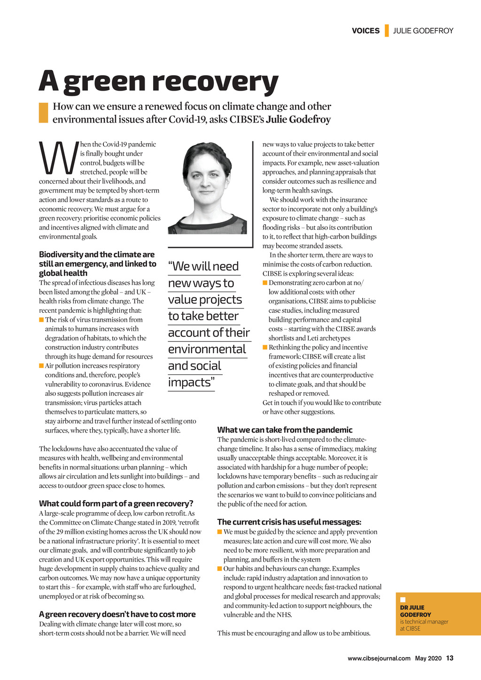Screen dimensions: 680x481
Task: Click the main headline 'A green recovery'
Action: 158,81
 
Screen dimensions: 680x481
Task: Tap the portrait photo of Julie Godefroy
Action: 207,188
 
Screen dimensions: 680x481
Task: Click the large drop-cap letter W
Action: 57,157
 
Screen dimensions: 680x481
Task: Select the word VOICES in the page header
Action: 365,31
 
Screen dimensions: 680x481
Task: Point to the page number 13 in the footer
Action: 450,658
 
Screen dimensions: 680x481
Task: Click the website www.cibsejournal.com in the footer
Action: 379,658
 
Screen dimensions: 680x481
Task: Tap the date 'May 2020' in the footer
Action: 428,658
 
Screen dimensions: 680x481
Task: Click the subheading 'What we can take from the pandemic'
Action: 285,430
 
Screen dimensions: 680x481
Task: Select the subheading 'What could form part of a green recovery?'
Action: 116,503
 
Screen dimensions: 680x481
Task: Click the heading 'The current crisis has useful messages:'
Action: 289,522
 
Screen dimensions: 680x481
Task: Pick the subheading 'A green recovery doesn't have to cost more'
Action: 117,614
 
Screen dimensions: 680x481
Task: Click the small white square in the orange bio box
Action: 403,600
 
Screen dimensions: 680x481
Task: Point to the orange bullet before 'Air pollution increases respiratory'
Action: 41,365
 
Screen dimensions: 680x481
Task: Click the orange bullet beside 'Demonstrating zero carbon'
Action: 265,283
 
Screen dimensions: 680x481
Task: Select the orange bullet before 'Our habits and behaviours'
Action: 220,569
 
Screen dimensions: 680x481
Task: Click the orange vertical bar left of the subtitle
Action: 43,113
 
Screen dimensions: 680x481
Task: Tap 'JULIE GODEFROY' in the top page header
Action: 423,31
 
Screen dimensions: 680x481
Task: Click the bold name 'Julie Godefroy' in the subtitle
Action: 298,119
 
